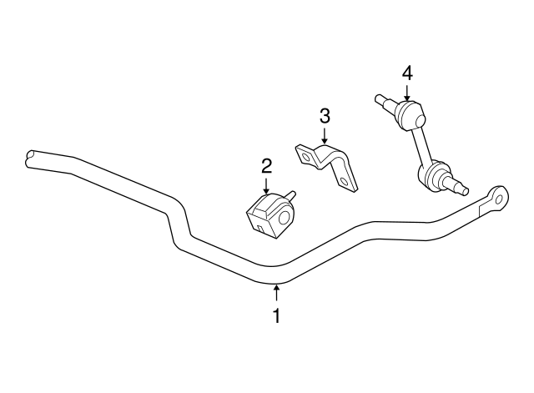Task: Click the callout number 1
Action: point(277,315)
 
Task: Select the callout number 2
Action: point(266,166)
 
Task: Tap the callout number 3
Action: point(325,116)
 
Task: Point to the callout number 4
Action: point(407,73)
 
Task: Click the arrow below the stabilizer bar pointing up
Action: point(277,293)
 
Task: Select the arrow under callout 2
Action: point(266,186)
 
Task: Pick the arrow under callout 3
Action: point(325,135)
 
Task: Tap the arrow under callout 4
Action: point(406,93)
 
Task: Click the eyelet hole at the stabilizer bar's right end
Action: point(500,199)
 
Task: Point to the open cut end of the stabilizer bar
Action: point(30,159)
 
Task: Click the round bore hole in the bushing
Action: point(285,218)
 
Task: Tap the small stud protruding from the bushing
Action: point(291,196)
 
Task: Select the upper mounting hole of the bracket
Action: point(305,157)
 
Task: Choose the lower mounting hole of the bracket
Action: point(345,182)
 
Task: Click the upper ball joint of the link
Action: point(411,114)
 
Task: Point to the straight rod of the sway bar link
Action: point(421,146)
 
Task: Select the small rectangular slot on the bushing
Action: point(260,229)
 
